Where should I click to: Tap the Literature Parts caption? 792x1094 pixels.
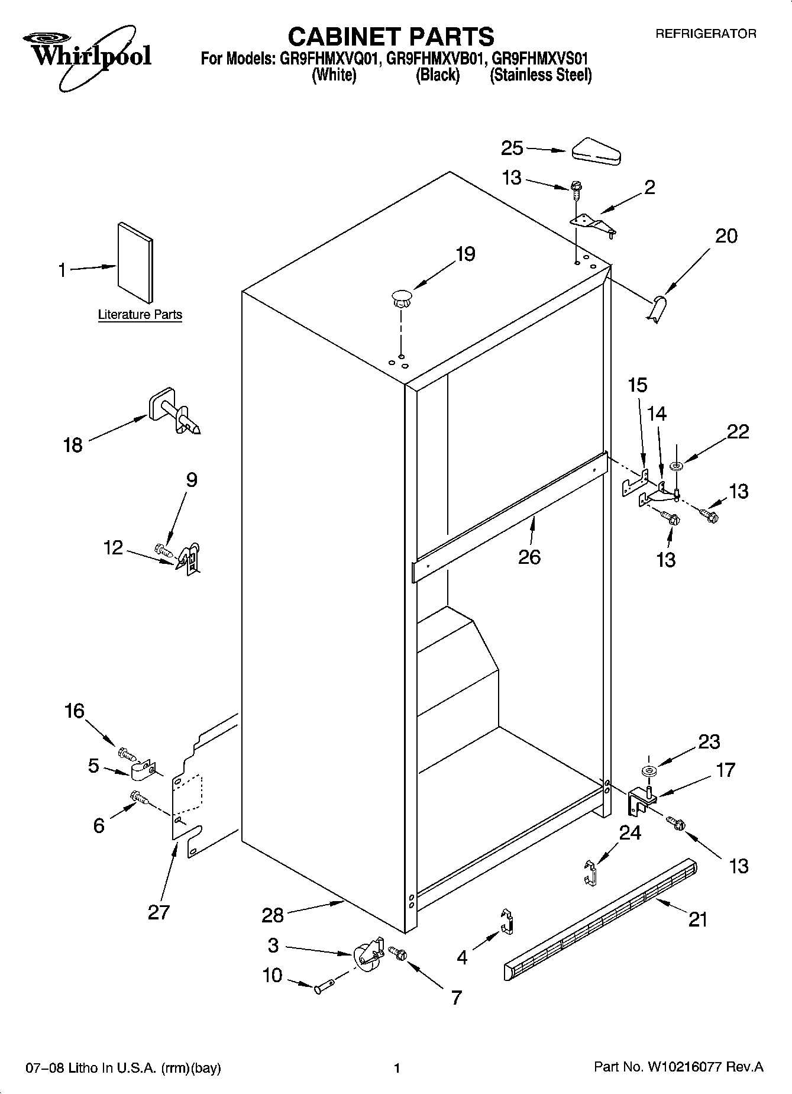tap(140, 315)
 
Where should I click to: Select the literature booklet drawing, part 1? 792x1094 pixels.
tap(135, 263)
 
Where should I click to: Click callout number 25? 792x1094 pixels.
tap(512, 148)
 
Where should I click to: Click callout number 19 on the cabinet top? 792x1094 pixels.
tap(465, 254)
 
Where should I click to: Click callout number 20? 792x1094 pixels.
tap(726, 236)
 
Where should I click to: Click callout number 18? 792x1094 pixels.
tap(73, 445)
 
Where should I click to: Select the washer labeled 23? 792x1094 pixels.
tap(648, 770)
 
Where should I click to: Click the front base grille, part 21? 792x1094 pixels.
tap(600, 921)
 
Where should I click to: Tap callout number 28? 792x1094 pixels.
tap(273, 915)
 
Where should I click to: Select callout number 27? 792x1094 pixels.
tap(159, 912)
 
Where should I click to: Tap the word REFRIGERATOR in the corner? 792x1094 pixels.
tap(705, 34)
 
